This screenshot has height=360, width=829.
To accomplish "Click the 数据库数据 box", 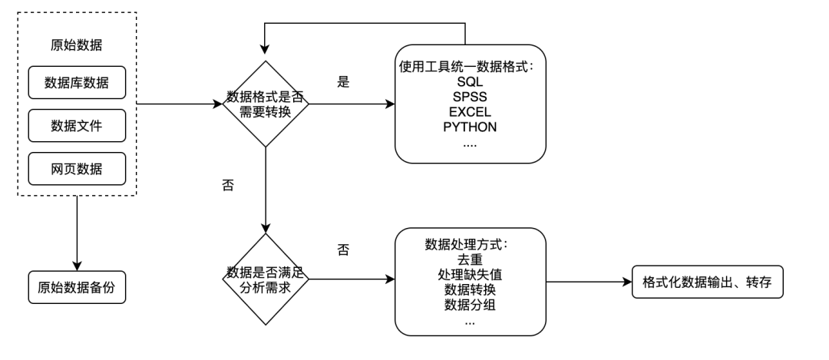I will point(77,84).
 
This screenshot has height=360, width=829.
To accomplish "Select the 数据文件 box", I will point(77,126).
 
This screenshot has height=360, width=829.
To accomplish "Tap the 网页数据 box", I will point(77,168).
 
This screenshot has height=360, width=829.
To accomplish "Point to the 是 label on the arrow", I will point(343,82).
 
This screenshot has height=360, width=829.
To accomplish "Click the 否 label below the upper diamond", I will point(227,187).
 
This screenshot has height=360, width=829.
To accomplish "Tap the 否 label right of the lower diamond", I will point(343,249).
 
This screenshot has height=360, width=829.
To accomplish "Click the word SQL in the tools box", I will point(470,81).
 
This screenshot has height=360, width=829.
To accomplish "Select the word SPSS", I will point(470,97).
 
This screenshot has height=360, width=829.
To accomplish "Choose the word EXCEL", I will point(470,111).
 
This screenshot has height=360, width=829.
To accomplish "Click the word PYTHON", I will point(470,127).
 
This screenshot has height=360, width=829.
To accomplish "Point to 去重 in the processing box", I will point(470,259).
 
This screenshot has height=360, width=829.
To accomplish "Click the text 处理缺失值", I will point(470,275).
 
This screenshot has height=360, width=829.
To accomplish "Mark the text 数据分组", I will point(470,306).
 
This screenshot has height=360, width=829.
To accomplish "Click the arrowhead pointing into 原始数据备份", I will point(77,264).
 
